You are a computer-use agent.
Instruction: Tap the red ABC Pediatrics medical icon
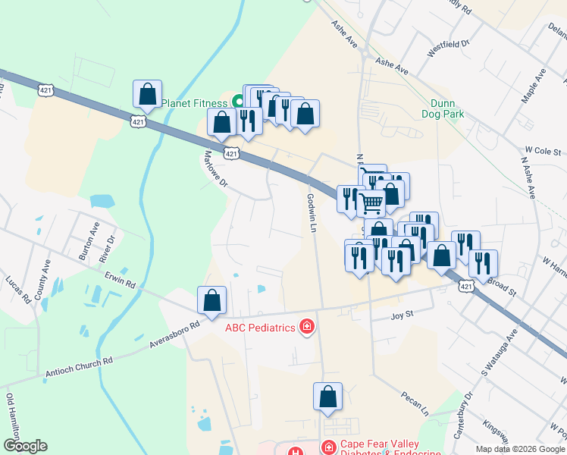pos(307,328)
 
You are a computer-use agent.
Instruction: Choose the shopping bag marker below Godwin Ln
pos(327,397)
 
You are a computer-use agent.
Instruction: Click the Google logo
pos(25,446)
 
